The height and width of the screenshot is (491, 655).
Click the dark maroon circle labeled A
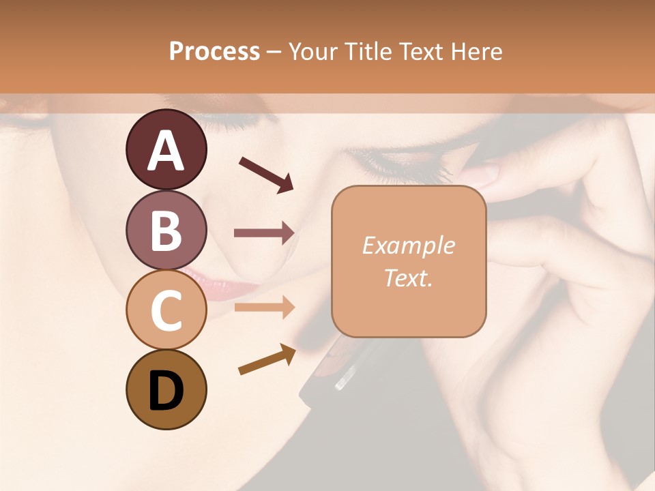[166, 150]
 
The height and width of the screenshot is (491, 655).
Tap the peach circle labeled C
[166, 310]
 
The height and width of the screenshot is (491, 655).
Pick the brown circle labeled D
[166, 389]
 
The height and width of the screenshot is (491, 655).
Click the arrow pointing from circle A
[266, 174]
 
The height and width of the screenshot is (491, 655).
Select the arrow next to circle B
[264, 233]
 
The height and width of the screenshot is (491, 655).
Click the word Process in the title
[214, 51]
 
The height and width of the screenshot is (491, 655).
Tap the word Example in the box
[408, 245]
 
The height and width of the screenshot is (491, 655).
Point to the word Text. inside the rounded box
[408, 278]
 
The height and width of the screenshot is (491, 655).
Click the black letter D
[166, 391]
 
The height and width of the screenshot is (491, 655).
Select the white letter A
[166, 150]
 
